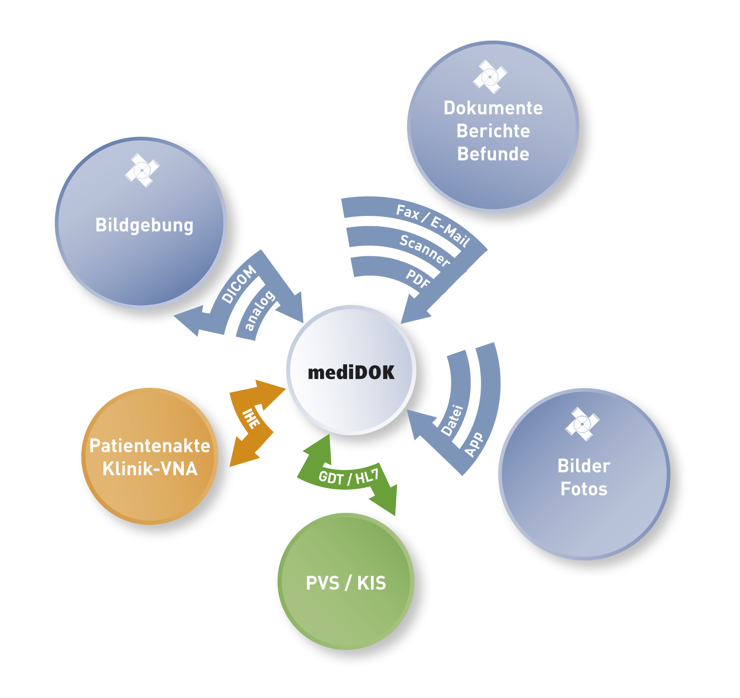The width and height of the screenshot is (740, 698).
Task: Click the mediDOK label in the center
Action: tap(351, 373)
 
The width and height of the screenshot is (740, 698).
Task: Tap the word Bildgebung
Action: tap(144, 225)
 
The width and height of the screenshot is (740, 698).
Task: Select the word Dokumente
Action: tap(493, 108)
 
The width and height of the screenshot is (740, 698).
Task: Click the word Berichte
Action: tap(493, 131)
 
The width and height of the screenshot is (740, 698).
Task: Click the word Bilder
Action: tap(584, 466)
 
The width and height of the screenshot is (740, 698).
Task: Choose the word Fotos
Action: tap(584, 489)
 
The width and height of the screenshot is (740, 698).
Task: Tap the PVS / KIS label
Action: tap(346, 583)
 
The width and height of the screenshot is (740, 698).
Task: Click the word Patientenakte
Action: tap(150, 446)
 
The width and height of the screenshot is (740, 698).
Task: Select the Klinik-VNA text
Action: tap(150, 469)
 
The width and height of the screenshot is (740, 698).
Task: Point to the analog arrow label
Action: tap(259, 310)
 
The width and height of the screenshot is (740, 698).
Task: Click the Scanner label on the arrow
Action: tap(425, 250)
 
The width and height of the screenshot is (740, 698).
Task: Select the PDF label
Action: tap(418, 279)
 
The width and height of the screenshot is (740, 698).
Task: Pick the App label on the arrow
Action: tap(474, 445)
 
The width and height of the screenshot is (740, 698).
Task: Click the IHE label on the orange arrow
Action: tap(251, 419)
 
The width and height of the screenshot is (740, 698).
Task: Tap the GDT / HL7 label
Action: tap(349, 477)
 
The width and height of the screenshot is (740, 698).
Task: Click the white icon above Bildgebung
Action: tap(142, 170)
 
